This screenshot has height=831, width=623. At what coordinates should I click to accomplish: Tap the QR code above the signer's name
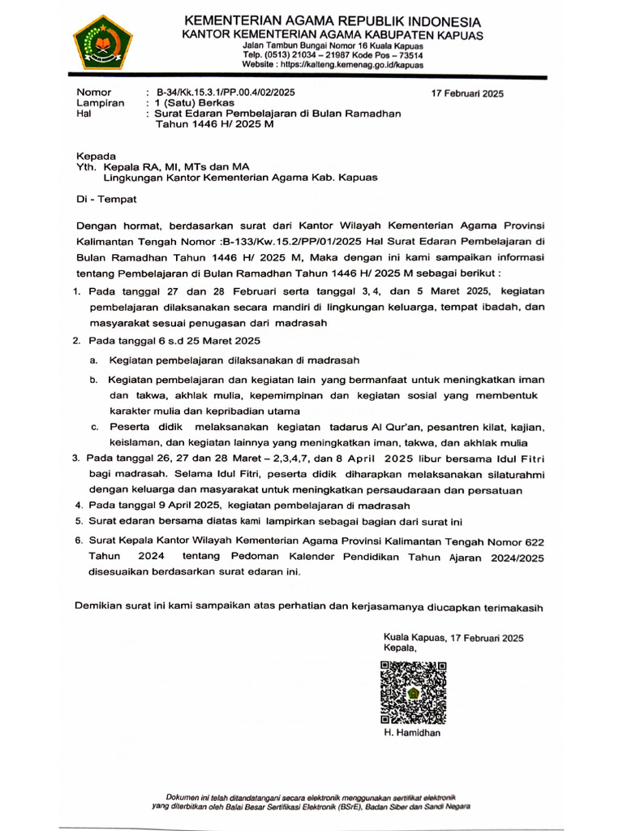pos(414,692)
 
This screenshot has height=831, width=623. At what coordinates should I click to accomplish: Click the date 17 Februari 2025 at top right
pos(466,93)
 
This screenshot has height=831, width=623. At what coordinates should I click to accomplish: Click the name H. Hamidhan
pos(412,733)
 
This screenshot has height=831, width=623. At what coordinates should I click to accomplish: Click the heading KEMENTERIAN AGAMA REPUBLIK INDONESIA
pos(333,21)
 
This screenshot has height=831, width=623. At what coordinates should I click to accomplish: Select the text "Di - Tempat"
pos(106,198)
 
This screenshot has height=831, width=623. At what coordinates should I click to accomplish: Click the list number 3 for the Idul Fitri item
pos(76,458)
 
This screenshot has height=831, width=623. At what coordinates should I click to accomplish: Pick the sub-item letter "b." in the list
pos(93,380)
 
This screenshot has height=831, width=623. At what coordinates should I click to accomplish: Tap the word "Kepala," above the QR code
pos(400,649)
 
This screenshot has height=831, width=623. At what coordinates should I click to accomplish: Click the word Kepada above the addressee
pos(96,156)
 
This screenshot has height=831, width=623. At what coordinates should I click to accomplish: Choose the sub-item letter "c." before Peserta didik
pos(94,427)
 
